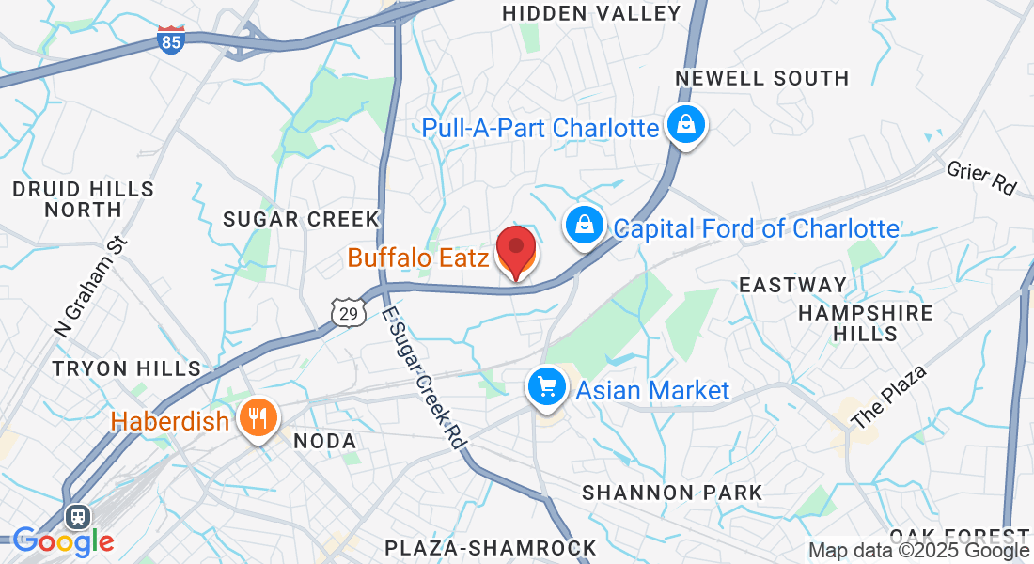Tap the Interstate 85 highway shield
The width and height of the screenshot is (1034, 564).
click(x=171, y=40)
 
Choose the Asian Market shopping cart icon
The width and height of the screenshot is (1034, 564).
click(x=547, y=386)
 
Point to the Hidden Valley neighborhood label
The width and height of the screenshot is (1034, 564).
click(x=591, y=13)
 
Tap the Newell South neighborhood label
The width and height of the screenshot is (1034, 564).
click(x=762, y=78)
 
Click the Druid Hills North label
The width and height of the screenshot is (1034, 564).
click(x=84, y=199)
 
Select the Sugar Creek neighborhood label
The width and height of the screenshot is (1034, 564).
click(x=301, y=219)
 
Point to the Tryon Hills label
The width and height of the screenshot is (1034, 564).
click(x=127, y=368)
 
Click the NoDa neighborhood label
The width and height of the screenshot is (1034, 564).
click(x=325, y=441)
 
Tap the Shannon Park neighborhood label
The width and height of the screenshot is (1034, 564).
click(x=672, y=493)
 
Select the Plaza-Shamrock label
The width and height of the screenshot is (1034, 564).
click(x=491, y=547)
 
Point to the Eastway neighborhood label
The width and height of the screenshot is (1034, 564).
click(x=792, y=285)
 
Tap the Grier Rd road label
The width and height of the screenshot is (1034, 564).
click(x=982, y=177)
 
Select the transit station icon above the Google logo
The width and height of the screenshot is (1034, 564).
click(x=77, y=517)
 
